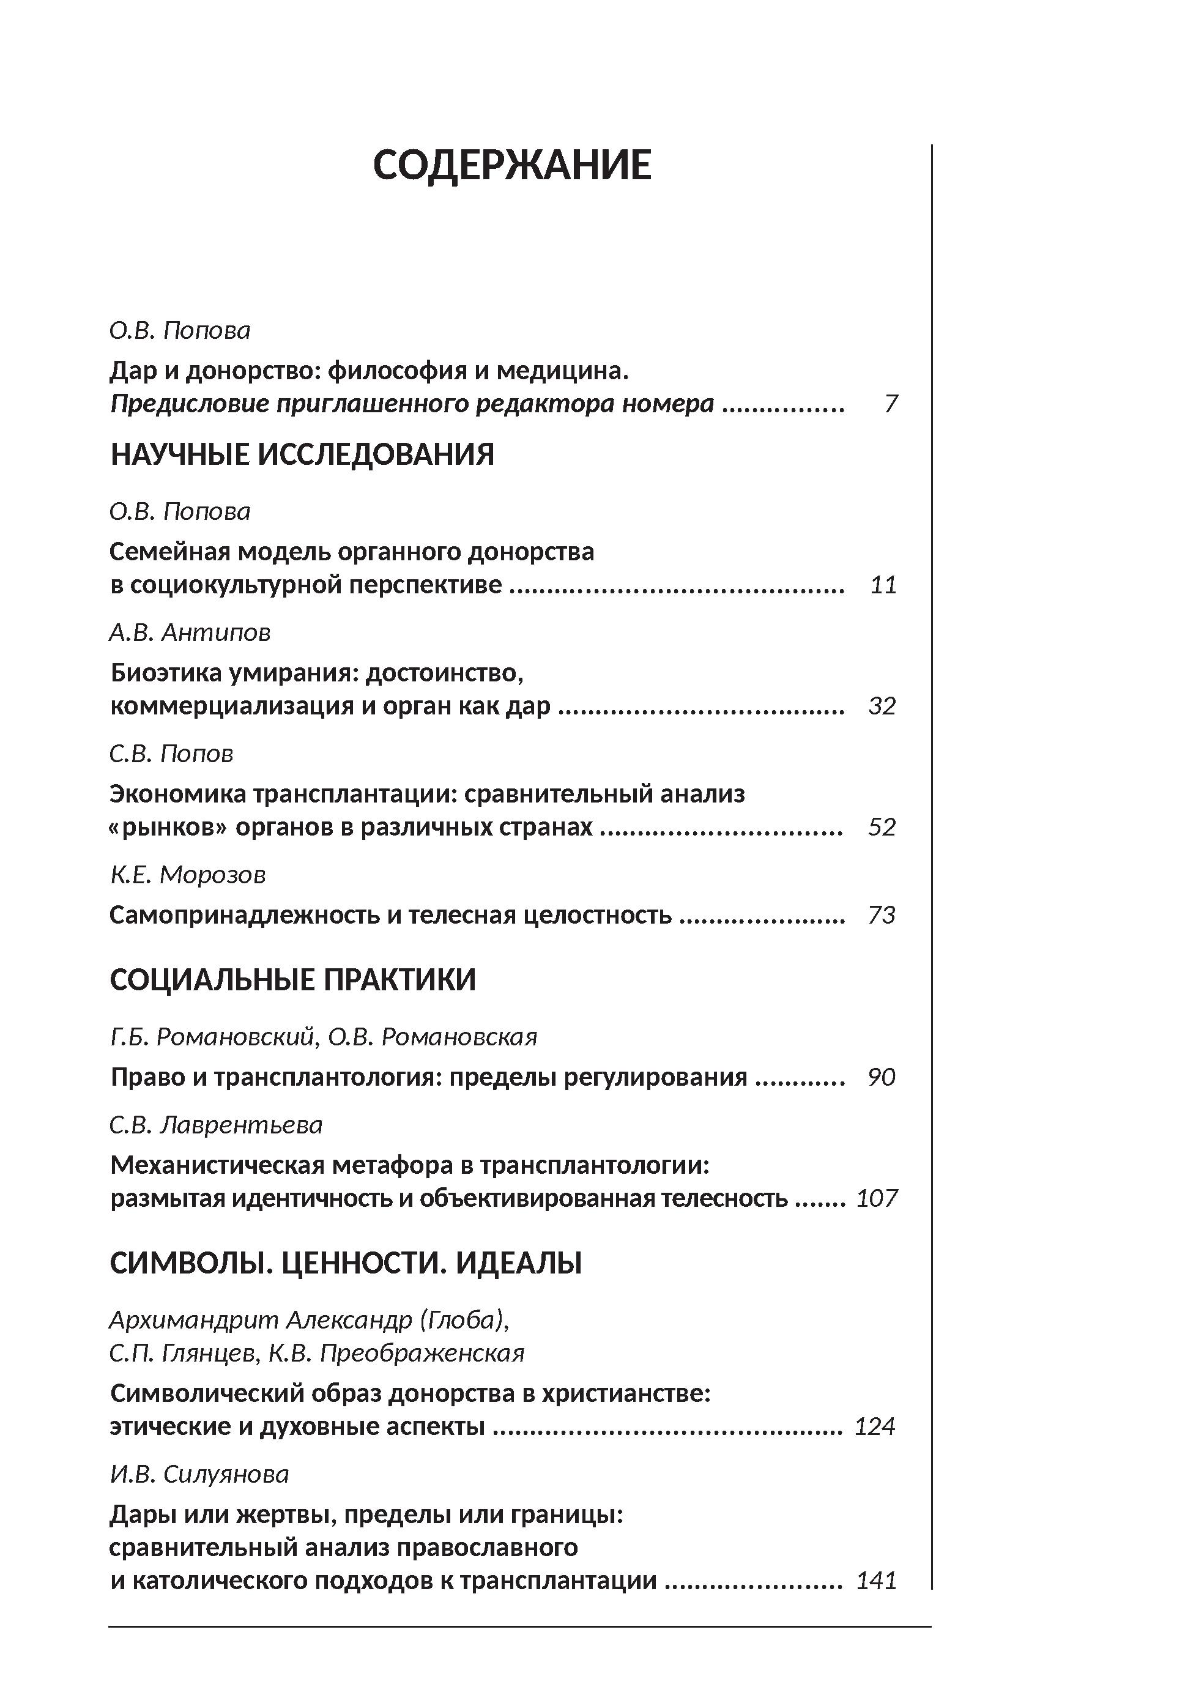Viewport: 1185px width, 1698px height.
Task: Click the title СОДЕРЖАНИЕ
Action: click(x=512, y=165)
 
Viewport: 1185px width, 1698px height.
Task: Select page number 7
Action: click(x=891, y=404)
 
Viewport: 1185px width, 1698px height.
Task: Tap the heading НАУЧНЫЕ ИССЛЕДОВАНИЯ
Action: click(x=302, y=454)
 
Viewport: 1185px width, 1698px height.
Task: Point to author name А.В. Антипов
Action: click(x=190, y=632)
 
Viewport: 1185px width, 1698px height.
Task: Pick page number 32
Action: click(x=882, y=705)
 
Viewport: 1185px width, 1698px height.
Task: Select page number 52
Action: click(x=882, y=827)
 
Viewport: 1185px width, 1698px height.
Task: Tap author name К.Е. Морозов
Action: click(x=188, y=875)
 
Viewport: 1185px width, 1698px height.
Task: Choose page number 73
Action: click(x=882, y=916)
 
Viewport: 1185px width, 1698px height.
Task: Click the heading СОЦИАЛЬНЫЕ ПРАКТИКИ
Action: click(x=293, y=980)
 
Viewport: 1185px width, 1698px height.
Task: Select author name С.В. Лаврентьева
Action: click(x=216, y=1125)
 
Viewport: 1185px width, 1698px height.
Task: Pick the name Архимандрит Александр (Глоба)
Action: click(x=309, y=1319)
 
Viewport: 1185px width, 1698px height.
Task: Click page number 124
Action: click(x=875, y=1426)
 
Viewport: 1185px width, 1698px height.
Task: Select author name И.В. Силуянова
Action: click(x=199, y=1474)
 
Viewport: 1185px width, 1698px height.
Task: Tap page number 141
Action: click(x=877, y=1581)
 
